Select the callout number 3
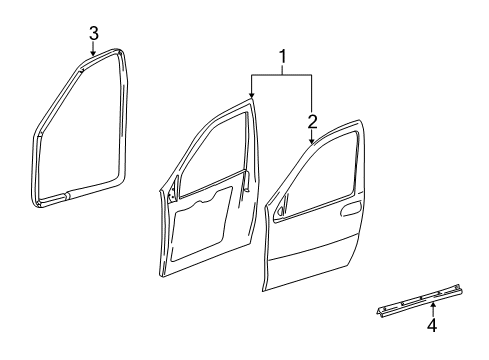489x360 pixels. coord(93,35)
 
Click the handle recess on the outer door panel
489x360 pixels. coord(351,210)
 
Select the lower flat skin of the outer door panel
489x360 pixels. coord(320,275)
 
